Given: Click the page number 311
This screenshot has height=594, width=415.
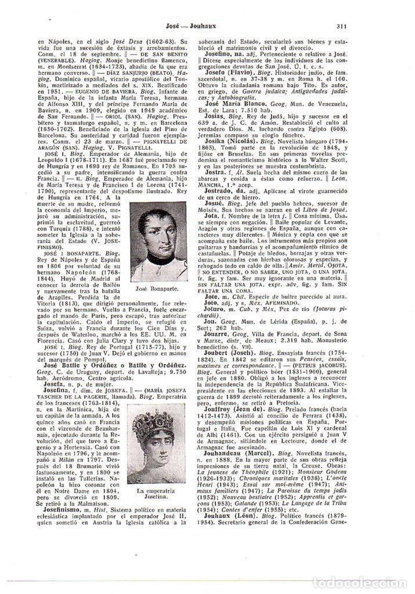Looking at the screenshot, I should pyautogui.click(x=341, y=26).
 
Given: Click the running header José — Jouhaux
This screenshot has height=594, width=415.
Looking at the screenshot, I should pyautogui.click(x=186, y=26).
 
